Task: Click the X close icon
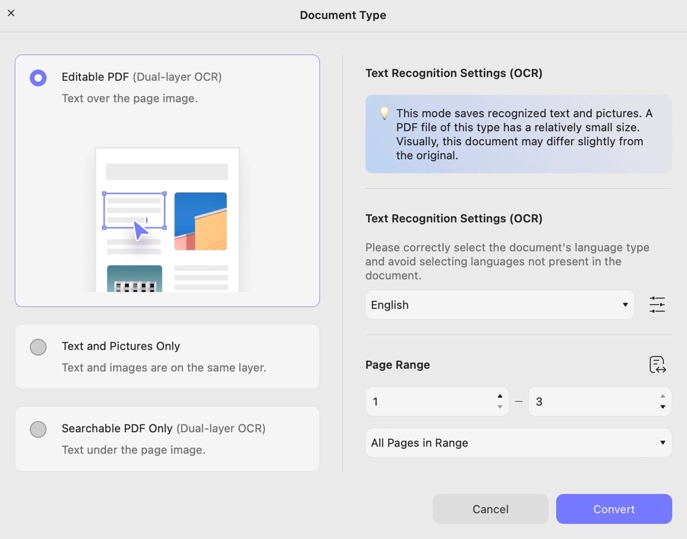(x=11, y=13)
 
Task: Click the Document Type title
(x=343, y=16)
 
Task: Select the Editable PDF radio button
(x=38, y=78)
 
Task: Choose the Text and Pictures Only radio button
(x=38, y=347)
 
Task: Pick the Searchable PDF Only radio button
(x=38, y=430)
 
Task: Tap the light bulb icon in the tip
(x=384, y=113)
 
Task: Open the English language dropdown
(x=499, y=305)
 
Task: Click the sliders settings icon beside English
(x=657, y=305)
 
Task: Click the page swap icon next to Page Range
(x=657, y=364)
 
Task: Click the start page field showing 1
(x=437, y=402)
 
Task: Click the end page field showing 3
(x=599, y=402)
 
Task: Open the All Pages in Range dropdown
(x=519, y=443)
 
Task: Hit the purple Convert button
(x=614, y=509)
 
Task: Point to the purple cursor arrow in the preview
(x=140, y=230)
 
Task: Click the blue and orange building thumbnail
(x=201, y=221)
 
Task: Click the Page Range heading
(x=397, y=365)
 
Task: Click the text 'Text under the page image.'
(x=134, y=449)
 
